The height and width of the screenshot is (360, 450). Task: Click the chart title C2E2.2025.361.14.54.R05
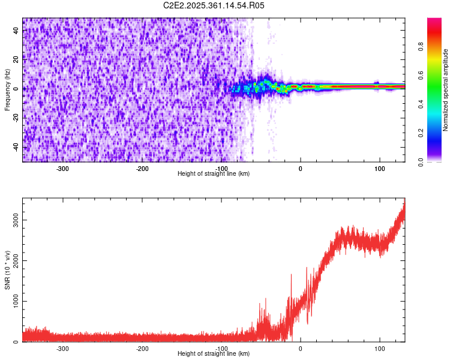click(x=214, y=5)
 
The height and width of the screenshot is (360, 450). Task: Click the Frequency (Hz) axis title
click(x=7, y=90)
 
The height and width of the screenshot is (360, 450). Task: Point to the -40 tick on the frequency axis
click(x=16, y=148)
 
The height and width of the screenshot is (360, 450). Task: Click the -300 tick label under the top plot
click(x=62, y=169)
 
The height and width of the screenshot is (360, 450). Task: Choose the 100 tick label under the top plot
click(x=380, y=169)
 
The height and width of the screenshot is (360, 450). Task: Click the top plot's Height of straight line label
click(x=214, y=174)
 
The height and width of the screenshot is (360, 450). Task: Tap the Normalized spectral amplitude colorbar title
click(x=446, y=90)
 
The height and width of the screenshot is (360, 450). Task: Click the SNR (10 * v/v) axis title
click(x=7, y=270)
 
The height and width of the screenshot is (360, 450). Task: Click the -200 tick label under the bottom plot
click(x=142, y=349)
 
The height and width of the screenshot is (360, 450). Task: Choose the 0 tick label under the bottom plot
click(x=301, y=349)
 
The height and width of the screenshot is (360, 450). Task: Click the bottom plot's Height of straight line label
click(x=214, y=354)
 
